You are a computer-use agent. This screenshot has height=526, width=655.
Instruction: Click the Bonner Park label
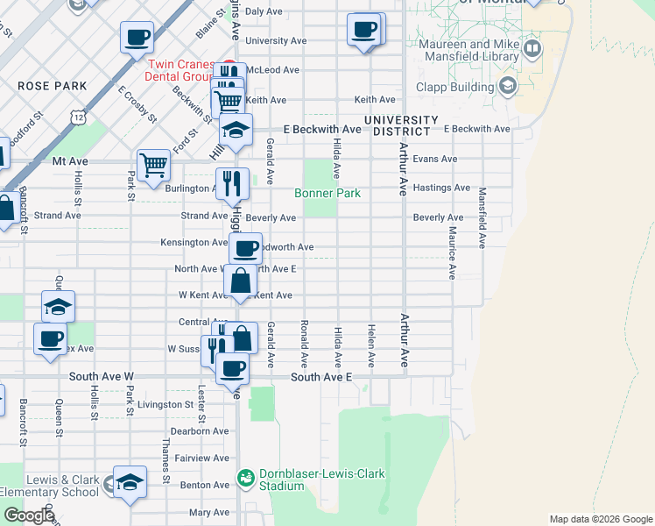[327, 193]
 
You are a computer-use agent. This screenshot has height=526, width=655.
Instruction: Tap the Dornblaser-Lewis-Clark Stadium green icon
[246, 478]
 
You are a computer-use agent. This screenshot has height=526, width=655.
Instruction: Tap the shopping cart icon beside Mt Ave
[153, 163]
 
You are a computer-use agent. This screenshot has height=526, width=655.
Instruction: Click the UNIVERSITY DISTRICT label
[401, 125]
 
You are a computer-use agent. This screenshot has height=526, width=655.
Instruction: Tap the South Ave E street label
[321, 377]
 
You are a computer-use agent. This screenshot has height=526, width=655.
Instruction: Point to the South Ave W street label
[102, 377]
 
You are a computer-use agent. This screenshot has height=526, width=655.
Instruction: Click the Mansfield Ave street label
[482, 214]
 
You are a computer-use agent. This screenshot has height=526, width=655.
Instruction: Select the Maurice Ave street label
[452, 252]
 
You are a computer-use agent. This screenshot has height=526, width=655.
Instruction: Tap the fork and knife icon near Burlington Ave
[232, 182]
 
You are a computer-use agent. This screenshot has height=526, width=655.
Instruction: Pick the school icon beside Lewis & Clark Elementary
[130, 481]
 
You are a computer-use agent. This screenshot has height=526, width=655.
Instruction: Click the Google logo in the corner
[29, 515]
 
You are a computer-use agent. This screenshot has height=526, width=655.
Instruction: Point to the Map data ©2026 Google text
[600, 519]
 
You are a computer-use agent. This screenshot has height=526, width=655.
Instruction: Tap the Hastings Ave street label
[441, 188]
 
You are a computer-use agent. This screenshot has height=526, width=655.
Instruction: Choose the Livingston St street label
[165, 404]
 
